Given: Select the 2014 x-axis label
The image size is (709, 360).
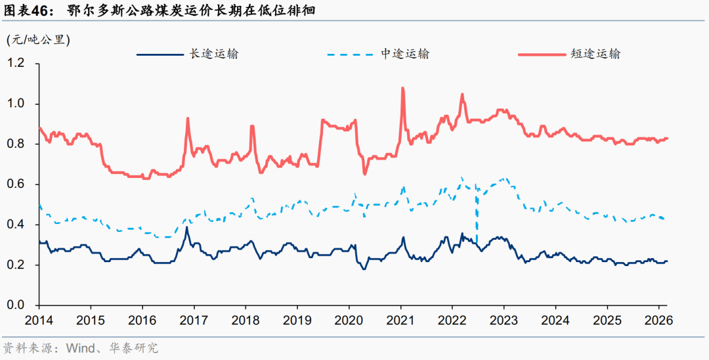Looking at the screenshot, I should [x=39, y=321].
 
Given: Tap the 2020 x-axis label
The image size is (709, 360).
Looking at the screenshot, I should [x=349, y=321].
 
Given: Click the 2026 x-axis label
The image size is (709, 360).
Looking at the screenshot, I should [x=658, y=321].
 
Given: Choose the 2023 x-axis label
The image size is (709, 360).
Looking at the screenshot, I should [x=504, y=321].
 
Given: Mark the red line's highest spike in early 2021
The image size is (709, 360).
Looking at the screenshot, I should [x=402, y=88].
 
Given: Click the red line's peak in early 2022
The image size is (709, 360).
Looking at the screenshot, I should [x=462, y=95].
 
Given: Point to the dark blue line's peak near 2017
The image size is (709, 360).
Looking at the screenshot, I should [x=187, y=227].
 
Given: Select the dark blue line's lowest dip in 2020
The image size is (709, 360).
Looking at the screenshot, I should [x=364, y=269].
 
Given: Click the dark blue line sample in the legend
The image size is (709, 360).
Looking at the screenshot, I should [x=159, y=54].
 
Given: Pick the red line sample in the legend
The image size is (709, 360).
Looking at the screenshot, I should [x=541, y=54].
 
